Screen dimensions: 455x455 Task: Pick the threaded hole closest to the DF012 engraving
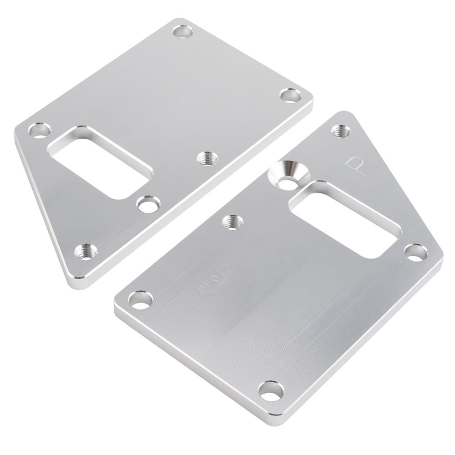click(232, 221)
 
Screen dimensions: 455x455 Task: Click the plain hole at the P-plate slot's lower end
click(415, 253)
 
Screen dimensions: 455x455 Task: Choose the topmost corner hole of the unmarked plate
click(182, 33)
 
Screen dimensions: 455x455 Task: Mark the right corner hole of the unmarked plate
click(290, 96)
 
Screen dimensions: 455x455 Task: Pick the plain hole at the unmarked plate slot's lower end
click(148, 204)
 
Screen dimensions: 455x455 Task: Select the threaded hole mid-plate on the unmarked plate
click(207, 158)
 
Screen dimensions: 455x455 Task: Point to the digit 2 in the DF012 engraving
click(231, 269)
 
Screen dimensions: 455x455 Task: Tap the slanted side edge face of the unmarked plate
click(41, 209)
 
